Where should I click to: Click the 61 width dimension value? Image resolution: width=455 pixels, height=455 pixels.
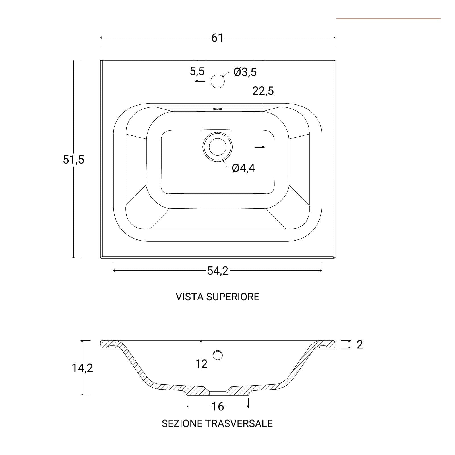(217, 38)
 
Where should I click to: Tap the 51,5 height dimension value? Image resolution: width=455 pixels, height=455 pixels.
(74, 160)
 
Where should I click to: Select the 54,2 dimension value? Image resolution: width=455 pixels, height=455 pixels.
(218, 271)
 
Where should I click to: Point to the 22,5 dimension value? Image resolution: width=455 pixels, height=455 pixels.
(263, 91)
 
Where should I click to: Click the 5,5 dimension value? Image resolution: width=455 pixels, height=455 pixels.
(197, 71)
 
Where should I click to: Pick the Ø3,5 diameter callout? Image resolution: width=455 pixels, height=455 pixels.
(245, 72)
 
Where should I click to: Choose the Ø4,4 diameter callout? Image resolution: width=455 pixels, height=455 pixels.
(243, 168)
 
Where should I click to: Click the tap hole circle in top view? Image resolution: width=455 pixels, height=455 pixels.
(218, 81)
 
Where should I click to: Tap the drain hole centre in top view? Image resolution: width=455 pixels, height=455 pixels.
(218, 147)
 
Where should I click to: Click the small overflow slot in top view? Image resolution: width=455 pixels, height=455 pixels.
(218, 108)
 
